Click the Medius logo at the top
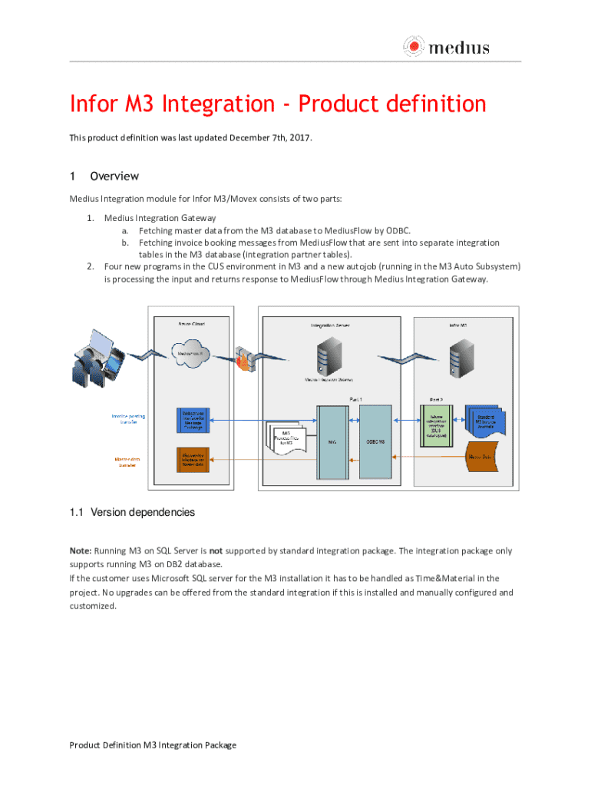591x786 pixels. tap(446, 48)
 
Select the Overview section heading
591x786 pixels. tap(114, 176)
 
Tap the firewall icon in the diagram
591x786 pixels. tap(245, 362)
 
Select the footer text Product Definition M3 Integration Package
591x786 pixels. tap(153, 745)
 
